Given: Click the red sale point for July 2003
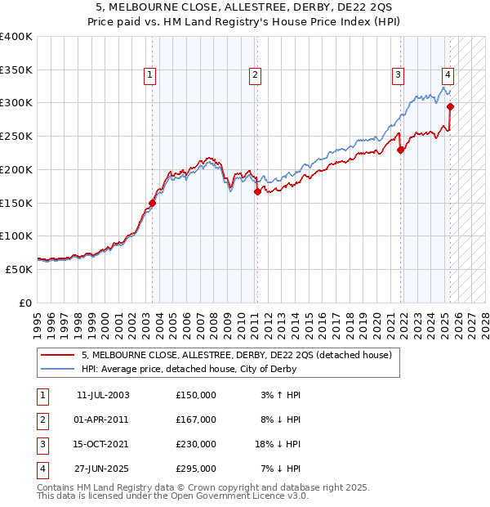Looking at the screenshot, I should pyautogui.click(x=152, y=202).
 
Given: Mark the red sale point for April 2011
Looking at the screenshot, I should pyautogui.click(x=256, y=191).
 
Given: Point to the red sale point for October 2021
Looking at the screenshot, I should pyautogui.click(x=401, y=150).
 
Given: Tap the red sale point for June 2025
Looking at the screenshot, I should pyautogui.click(x=451, y=106).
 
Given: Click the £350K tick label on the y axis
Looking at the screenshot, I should pyautogui.click(x=16, y=70).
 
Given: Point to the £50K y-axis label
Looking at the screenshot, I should pyautogui.click(x=19, y=268).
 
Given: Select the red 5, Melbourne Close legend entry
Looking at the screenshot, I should pyautogui.click(x=237, y=355).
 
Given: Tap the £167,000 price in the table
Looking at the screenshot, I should pyautogui.click(x=196, y=420).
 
